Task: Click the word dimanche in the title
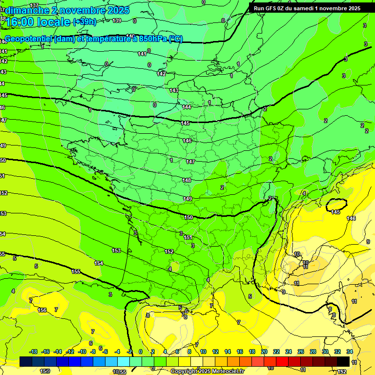click(25, 10)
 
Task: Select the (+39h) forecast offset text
click(84, 22)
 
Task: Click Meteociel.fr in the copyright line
click(228, 372)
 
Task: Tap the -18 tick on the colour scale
click(33, 352)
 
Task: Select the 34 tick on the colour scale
click(350, 352)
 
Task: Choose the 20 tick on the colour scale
click(264, 352)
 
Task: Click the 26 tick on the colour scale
click(301, 352)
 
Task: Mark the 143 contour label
click(174, 90)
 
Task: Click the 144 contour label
click(186, 107)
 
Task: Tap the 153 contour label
click(116, 250)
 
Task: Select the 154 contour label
click(99, 263)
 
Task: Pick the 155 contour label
click(76, 271)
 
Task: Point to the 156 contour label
click(42, 310)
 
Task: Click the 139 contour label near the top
click(117, 21)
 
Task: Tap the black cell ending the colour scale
click(343, 361)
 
